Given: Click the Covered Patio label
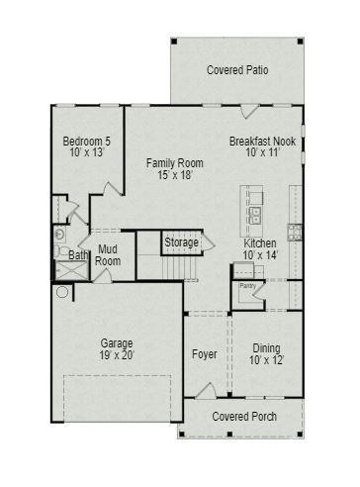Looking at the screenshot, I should point(237,70).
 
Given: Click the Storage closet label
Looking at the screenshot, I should point(181,243).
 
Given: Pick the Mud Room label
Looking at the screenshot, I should point(108,254).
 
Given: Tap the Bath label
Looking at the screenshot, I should point(77,255).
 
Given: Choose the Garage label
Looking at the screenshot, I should point(116,343).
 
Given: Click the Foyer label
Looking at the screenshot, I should point(204,353).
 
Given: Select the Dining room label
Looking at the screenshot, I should point(267,347).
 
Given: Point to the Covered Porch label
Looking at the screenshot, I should point(243,417).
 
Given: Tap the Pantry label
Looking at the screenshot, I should point(246,286).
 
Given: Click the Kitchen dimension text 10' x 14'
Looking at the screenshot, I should point(260,255).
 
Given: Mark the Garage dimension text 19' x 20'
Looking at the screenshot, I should point(117,355).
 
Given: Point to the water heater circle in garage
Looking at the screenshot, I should point(63,292).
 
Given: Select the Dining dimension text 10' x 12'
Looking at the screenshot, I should point(267,359).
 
